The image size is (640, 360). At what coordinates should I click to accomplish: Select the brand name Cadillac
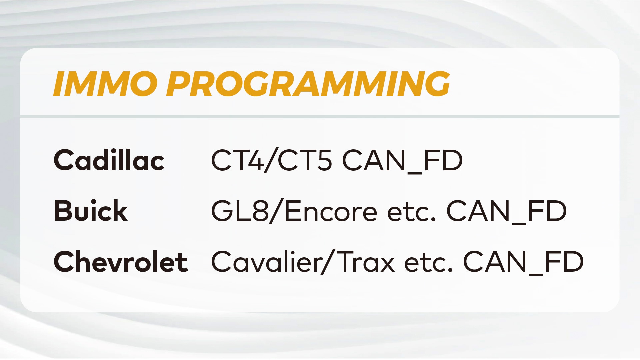109,160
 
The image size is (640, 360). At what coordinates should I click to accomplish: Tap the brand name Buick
91,211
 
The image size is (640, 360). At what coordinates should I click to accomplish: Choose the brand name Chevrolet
121,262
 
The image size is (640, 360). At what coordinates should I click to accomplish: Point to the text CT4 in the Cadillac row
238,161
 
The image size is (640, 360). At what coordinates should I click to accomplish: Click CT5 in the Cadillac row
305,161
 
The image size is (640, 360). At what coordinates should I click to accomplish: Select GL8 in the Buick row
240,211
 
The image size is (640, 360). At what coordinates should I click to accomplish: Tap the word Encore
331,211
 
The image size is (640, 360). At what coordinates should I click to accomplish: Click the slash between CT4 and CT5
271,161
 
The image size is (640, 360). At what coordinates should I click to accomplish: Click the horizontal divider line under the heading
320,116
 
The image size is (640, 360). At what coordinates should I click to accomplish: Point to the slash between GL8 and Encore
276,211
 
